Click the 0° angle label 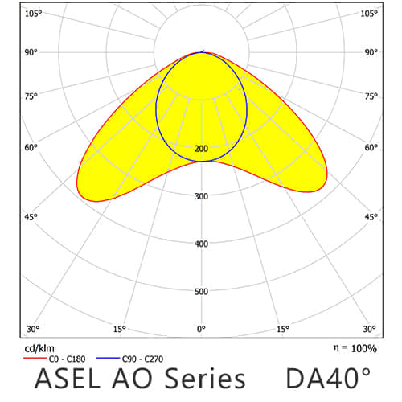[201, 329]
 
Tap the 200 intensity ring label [201, 149]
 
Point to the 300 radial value [201, 196]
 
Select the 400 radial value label [201, 244]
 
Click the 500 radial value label [201, 291]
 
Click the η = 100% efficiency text [354, 348]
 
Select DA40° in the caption [329, 378]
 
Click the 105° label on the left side [33, 13]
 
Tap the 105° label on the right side [369, 13]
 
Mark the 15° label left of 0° [119, 329]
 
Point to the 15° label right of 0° [283, 329]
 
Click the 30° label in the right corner [369, 329]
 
